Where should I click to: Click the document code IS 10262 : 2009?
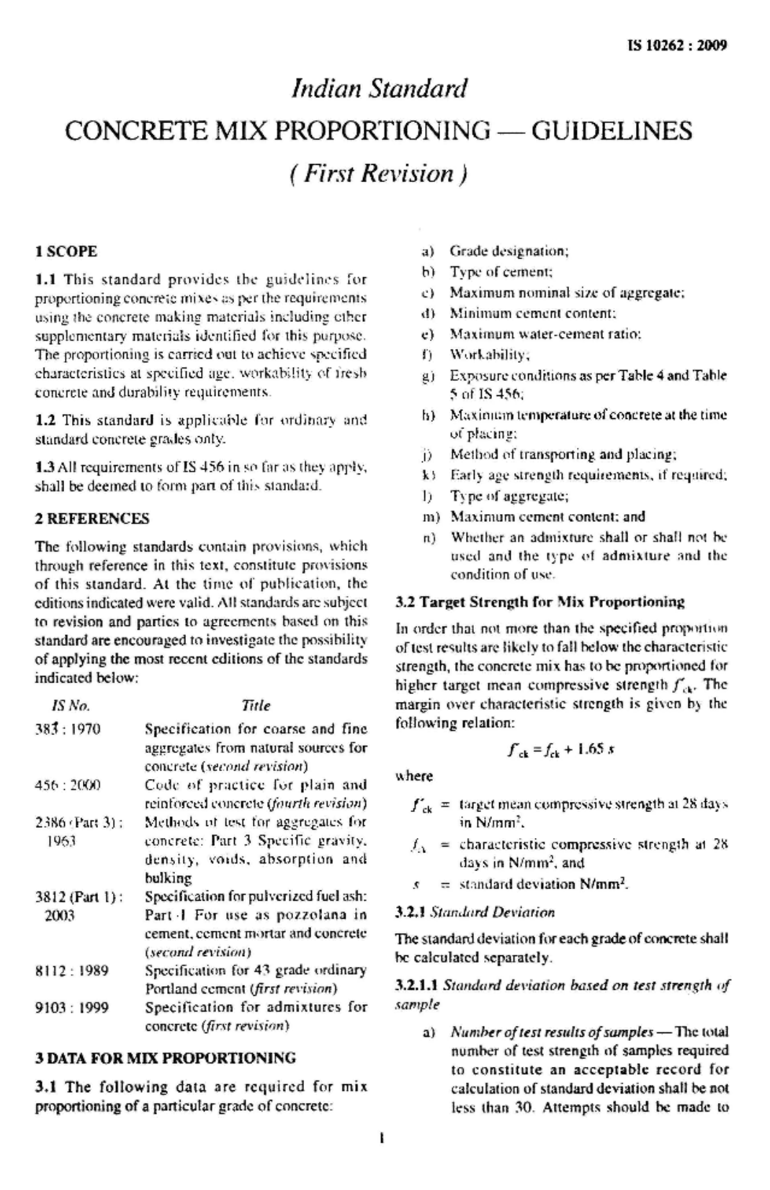(x=676, y=46)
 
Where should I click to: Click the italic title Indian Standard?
(x=379, y=89)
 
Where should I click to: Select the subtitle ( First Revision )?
(x=379, y=174)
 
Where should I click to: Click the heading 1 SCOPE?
(x=65, y=251)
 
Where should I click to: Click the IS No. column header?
(x=71, y=706)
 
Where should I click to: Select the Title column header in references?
(x=256, y=706)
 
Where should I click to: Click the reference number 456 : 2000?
(x=67, y=785)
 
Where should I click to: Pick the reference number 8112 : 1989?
(x=71, y=971)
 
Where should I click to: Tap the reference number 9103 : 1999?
(x=71, y=1008)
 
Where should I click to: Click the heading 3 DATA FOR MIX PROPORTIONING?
(x=166, y=1058)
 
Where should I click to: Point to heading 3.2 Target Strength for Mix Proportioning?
(x=540, y=602)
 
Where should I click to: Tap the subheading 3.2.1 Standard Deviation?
(x=475, y=912)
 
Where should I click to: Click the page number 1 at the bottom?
(x=382, y=1139)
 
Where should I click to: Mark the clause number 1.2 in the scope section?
(x=45, y=420)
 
